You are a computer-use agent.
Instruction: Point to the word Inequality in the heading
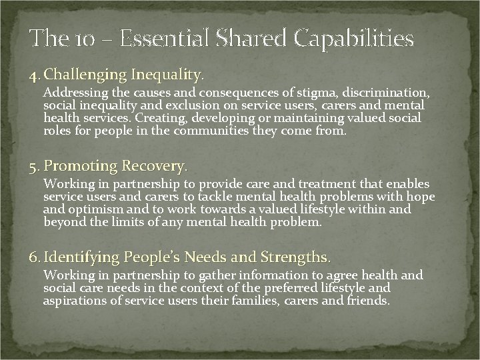(166, 72)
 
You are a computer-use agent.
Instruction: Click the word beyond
(65, 222)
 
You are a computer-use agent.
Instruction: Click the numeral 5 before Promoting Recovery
(32, 165)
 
